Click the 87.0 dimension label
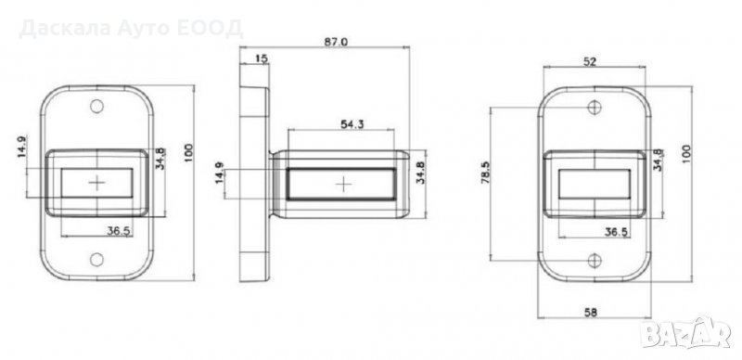point(336,42)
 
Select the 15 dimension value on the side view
point(262,58)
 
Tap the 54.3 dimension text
point(352,124)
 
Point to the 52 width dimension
point(590,60)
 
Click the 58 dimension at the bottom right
point(591,312)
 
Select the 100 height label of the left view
point(189,152)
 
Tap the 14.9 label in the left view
point(22,147)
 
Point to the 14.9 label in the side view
point(220,174)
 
